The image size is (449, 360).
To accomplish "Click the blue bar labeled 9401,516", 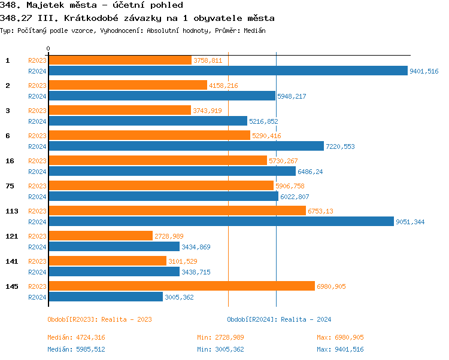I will tap(227, 71).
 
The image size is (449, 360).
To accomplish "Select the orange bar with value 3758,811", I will tap(120, 60).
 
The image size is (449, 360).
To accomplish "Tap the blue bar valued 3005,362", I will tap(105, 297).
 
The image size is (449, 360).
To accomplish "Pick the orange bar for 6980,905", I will tap(181, 286).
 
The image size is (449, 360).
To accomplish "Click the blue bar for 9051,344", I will tap(221, 222).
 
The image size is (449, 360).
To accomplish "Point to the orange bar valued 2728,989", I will tap(101, 236).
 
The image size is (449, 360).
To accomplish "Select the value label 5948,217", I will tap(292, 96).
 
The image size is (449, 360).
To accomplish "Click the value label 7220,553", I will tap(341, 147).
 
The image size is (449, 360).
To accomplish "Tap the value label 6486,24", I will tap(310, 172).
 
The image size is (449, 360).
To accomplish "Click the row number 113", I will tap(11, 211).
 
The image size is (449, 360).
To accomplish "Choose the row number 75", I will tap(10, 186).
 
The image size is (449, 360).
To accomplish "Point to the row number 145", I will tap(11, 286).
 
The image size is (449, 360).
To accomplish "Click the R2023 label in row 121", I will tap(37, 236).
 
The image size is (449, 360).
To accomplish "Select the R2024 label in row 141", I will tap(37, 272).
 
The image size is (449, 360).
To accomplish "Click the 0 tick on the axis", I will tap(48, 48).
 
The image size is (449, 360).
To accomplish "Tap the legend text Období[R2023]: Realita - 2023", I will tap(99, 319).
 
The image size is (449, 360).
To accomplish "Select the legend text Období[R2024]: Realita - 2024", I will tap(279, 319).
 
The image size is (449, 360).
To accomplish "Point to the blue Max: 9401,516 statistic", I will tap(340, 349).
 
